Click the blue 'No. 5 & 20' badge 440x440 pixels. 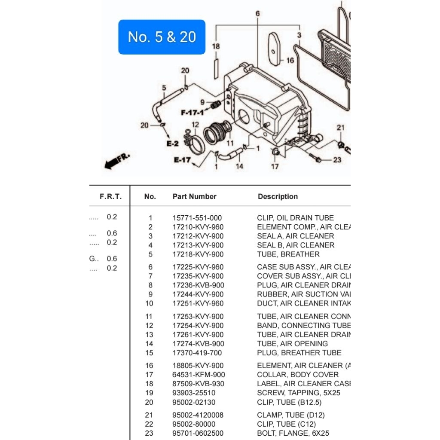tap(162, 37)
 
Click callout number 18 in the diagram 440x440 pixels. tap(216, 46)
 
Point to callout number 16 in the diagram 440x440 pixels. tap(290, 60)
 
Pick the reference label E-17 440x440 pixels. tap(182, 160)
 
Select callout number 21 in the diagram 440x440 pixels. tap(340, 128)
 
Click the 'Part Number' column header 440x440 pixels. tap(194, 196)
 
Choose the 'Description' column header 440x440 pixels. tap(278, 196)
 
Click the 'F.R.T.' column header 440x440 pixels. tap(111, 196)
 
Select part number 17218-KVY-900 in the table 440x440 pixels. tap(198, 254)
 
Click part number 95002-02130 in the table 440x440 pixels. tap(194, 402)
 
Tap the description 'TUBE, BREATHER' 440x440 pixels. tap(288, 254)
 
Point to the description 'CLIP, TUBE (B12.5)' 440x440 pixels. tap(289, 402)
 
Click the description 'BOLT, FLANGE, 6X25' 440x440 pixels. tap(293, 433)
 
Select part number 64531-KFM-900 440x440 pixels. tap(199, 375)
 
